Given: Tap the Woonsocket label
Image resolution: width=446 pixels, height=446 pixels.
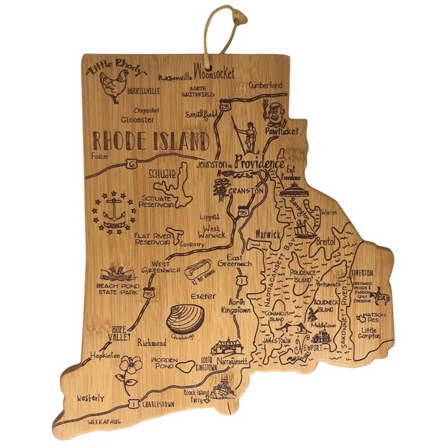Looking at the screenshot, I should tap(218, 75).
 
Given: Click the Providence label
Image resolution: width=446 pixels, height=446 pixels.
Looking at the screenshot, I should tap(259, 163).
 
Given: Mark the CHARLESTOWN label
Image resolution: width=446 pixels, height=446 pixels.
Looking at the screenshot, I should tap(168, 401).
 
